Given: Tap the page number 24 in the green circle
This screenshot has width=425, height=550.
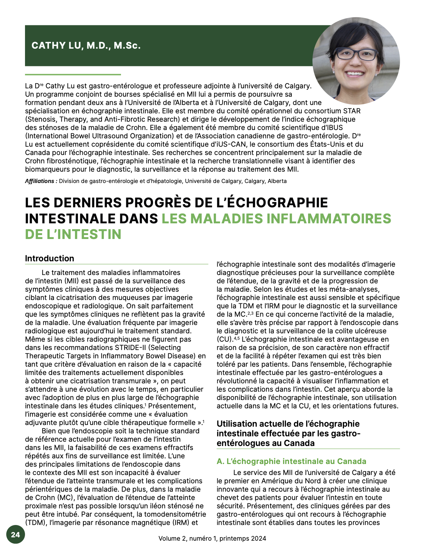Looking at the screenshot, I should pyautogui.click(x=15, y=535).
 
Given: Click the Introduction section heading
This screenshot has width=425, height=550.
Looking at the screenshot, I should pyautogui.click(x=50, y=258).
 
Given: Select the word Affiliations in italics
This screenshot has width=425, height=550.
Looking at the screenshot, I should pyautogui.click(x=40, y=181).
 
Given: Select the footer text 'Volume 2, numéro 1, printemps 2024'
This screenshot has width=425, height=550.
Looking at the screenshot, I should pyautogui.click(x=212, y=538).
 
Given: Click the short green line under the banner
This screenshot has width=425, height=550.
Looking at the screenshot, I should pyautogui.click(x=73, y=74).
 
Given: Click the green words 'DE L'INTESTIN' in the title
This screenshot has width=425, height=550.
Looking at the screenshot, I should pyautogui.click(x=73, y=234).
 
